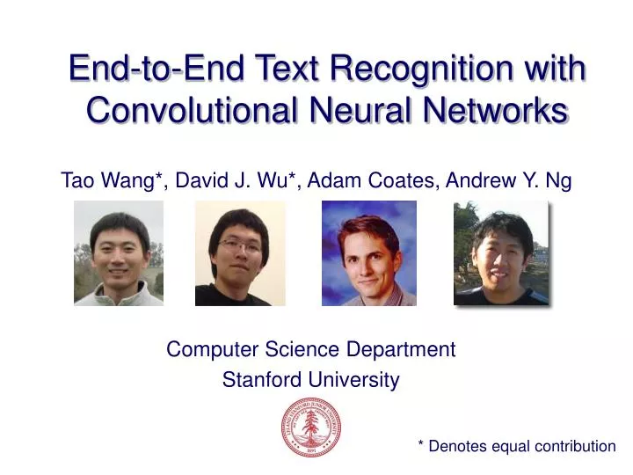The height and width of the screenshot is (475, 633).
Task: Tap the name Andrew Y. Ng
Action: [x=509, y=181]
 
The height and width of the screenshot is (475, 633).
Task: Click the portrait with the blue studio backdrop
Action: [x=369, y=253]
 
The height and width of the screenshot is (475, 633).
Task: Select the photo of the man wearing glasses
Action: [x=240, y=253]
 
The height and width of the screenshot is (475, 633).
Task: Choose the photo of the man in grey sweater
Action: [x=119, y=253]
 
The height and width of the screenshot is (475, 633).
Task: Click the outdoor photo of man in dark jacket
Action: [x=501, y=253]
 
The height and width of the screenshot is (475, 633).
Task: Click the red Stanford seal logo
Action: [x=311, y=427]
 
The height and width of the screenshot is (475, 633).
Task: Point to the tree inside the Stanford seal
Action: [x=311, y=426]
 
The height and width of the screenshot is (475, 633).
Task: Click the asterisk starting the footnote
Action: [x=421, y=444]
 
